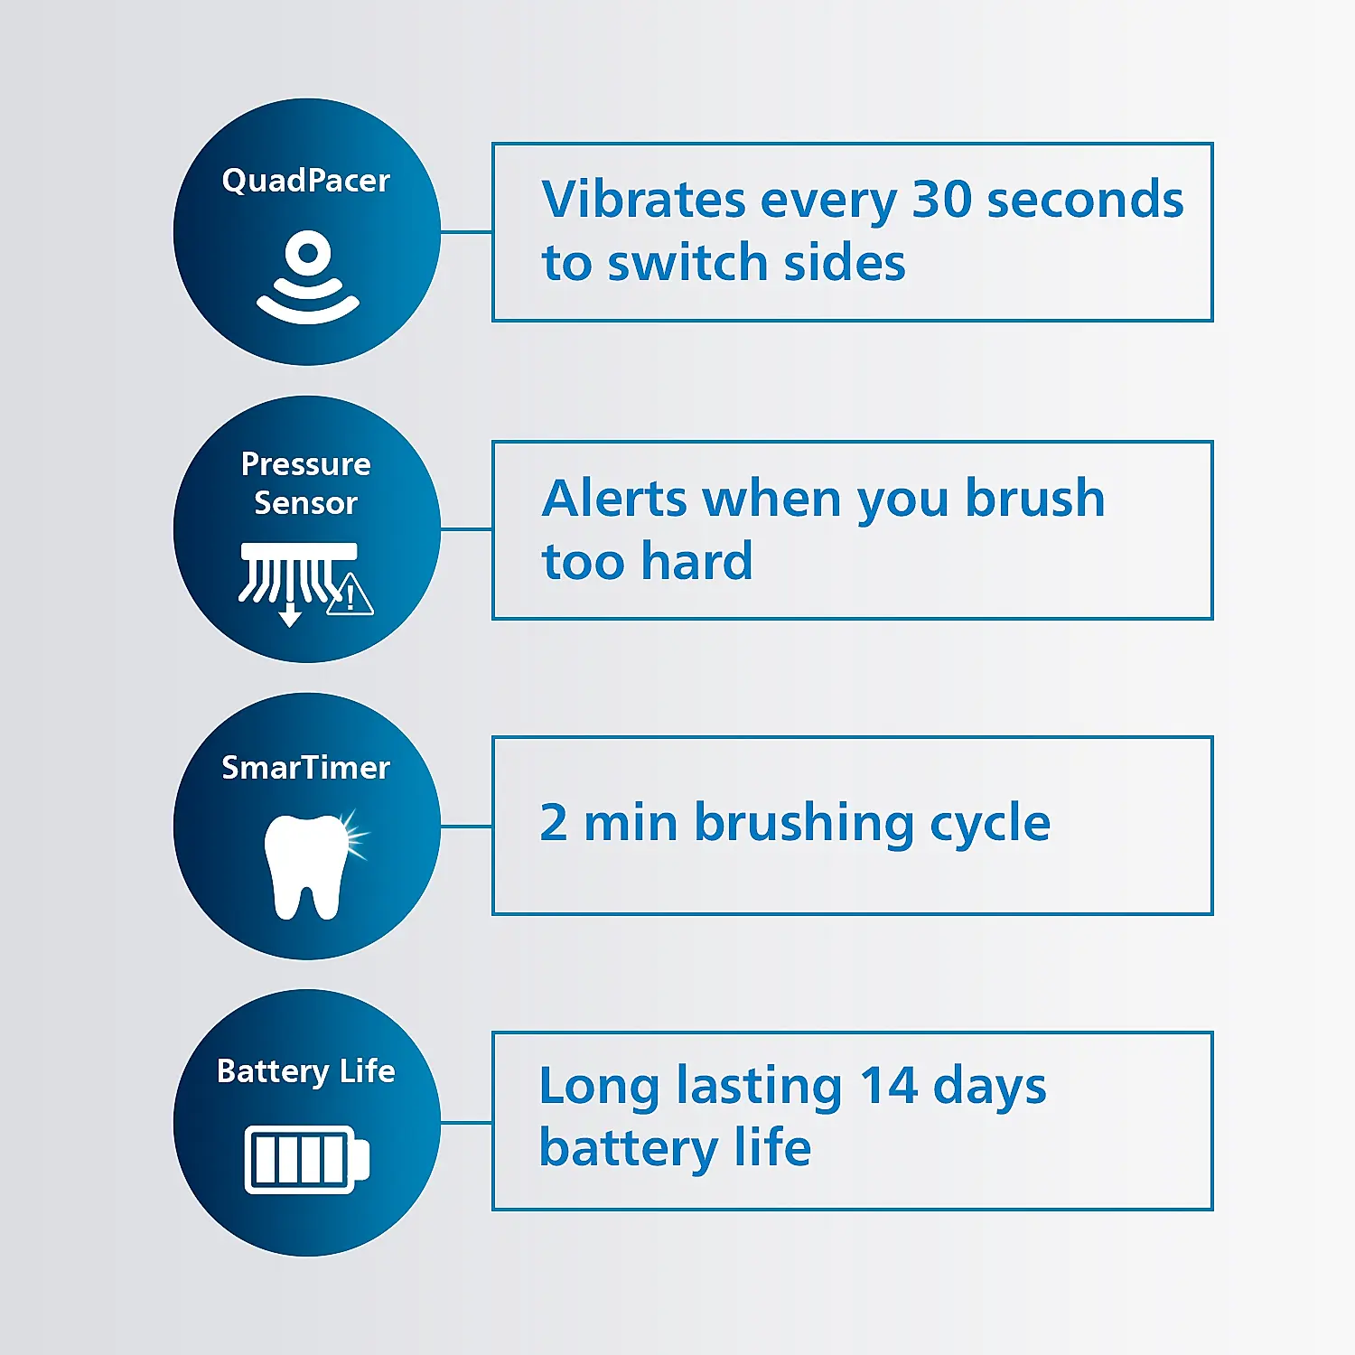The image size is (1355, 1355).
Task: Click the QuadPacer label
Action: click(x=305, y=181)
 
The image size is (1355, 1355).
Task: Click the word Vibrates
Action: click(x=643, y=200)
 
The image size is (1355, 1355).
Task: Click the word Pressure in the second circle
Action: click(x=305, y=464)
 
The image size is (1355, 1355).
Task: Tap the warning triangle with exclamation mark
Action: click(x=350, y=596)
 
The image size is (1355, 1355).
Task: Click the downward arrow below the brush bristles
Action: click(x=290, y=615)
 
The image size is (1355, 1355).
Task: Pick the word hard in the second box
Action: click(x=696, y=562)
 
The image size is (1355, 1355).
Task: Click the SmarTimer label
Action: click(x=305, y=768)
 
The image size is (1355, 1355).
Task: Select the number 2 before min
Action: click(x=554, y=823)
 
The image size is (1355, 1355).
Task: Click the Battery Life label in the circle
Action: click(x=305, y=1071)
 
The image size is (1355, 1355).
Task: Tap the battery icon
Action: click(x=307, y=1159)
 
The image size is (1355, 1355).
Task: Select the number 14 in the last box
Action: click(x=889, y=1086)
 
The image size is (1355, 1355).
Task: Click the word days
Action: click(x=989, y=1088)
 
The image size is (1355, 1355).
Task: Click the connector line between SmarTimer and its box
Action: click(x=466, y=826)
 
